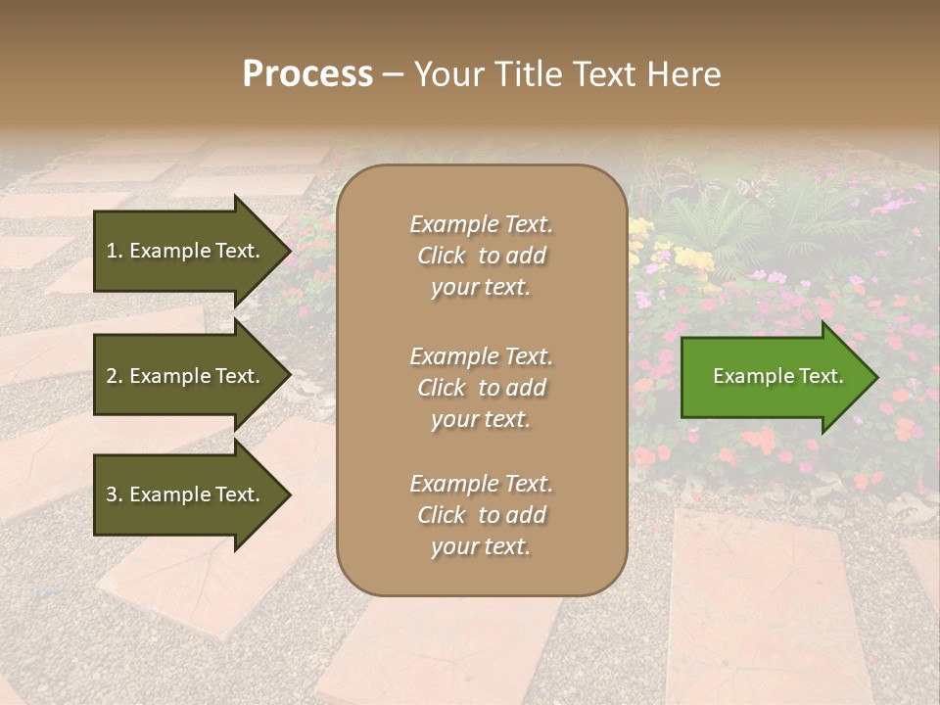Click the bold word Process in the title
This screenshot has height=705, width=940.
[307, 74]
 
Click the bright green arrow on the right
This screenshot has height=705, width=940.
[774, 377]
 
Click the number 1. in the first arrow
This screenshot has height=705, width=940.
[115, 251]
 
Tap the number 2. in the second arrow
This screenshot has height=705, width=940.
[115, 376]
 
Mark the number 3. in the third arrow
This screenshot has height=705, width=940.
[115, 494]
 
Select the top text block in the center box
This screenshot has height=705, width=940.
[482, 256]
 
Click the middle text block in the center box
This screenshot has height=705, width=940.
[482, 388]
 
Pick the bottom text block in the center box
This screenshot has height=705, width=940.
[482, 515]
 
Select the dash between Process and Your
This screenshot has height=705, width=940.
[394, 75]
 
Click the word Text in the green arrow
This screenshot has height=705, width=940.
[821, 376]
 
